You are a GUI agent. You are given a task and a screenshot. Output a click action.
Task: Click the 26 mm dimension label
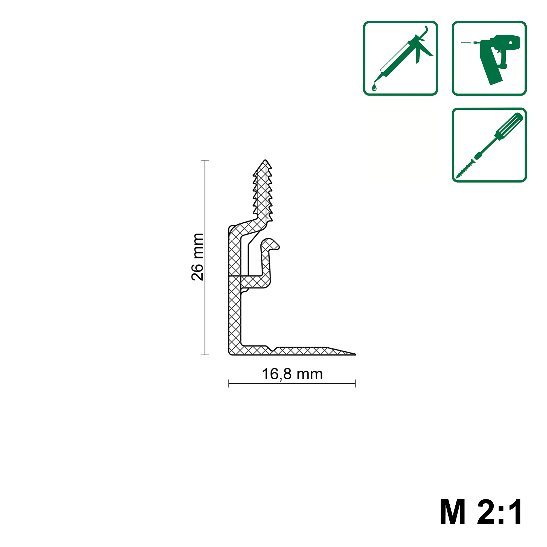coord(197,257)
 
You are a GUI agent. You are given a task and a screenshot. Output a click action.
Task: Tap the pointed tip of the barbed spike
coord(265,160)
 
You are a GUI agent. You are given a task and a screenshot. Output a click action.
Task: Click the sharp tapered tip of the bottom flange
coord(355,354)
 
